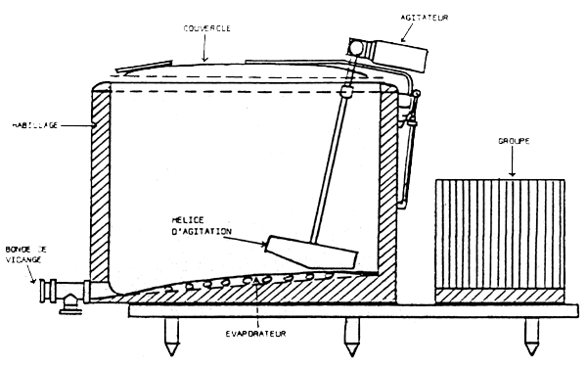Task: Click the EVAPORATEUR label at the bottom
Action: (256, 335)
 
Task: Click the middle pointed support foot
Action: (350, 340)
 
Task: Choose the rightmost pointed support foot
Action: (532, 340)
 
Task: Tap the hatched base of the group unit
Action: (499, 294)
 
